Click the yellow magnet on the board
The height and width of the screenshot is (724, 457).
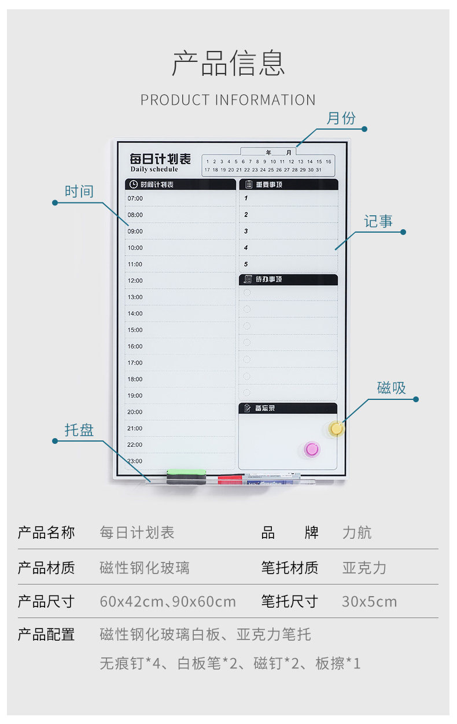pyautogui.click(x=336, y=429)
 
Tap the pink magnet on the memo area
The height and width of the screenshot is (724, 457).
pyautogui.click(x=312, y=449)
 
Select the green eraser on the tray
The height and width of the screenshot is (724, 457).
pyautogui.click(x=186, y=475)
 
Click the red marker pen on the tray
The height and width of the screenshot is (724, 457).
pyautogui.click(x=230, y=479)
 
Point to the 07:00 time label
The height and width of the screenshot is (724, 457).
pyautogui.click(x=135, y=199)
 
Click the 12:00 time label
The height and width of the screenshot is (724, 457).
pyautogui.click(x=135, y=281)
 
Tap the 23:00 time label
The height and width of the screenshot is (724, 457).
pyautogui.click(x=135, y=461)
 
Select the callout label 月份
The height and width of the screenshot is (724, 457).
pyautogui.click(x=341, y=119)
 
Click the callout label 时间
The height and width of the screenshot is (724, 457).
pyautogui.click(x=79, y=192)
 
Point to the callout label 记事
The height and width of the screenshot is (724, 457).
pyautogui.click(x=378, y=222)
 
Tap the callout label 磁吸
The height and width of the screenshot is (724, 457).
pyautogui.click(x=392, y=388)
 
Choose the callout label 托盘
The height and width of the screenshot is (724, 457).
pyautogui.click(x=79, y=431)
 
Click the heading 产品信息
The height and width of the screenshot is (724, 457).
pyautogui.click(x=228, y=64)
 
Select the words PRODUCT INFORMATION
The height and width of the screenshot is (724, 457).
pyautogui.click(x=228, y=100)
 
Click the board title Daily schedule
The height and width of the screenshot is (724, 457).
pyautogui.click(x=154, y=170)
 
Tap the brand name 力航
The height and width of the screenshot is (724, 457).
pyautogui.click(x=357, y=532)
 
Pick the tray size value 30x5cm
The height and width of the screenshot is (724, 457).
pyautogui.click(x=369, y=602)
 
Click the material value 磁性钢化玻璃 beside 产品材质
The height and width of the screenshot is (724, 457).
pyautogui.click(x=144, y=568)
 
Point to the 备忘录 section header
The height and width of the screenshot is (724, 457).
pyautogui.click(x=265, y=409)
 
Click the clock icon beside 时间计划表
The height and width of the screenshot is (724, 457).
pyautogui.click(x=134, y=185)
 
